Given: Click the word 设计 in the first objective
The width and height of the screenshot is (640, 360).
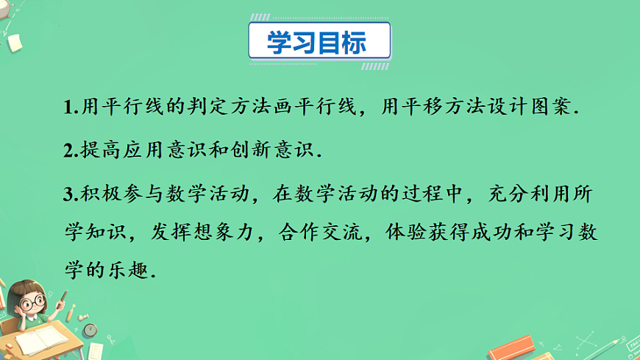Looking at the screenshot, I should point(488,107).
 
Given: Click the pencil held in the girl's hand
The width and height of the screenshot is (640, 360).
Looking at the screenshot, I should point(61,299).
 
